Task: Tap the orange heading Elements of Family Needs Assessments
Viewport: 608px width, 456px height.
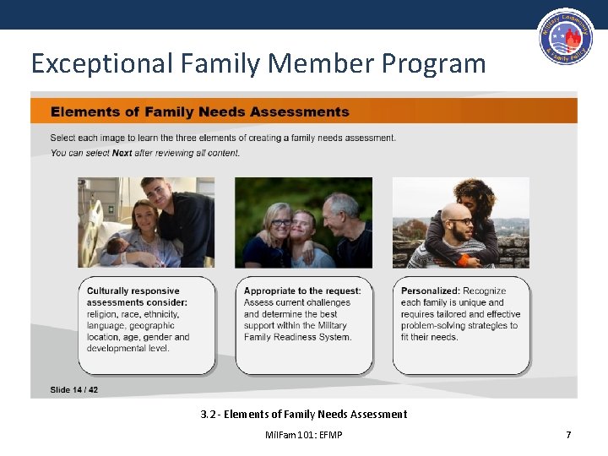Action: (200, 111)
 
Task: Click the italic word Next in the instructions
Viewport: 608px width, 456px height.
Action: (122, 153)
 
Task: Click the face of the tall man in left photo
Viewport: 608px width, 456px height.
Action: (155, 193)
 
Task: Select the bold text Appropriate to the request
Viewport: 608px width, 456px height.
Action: (302, 291)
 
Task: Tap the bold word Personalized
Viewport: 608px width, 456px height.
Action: (431, 291)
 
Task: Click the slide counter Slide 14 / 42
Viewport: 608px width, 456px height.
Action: (74, 389)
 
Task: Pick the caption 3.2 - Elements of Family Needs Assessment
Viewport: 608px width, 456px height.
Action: (304, 414)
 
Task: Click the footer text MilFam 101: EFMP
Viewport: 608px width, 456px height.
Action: (304, 435)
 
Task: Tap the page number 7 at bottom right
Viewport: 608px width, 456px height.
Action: (568, 435)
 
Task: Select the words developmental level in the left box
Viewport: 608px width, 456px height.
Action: (128, 348)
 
